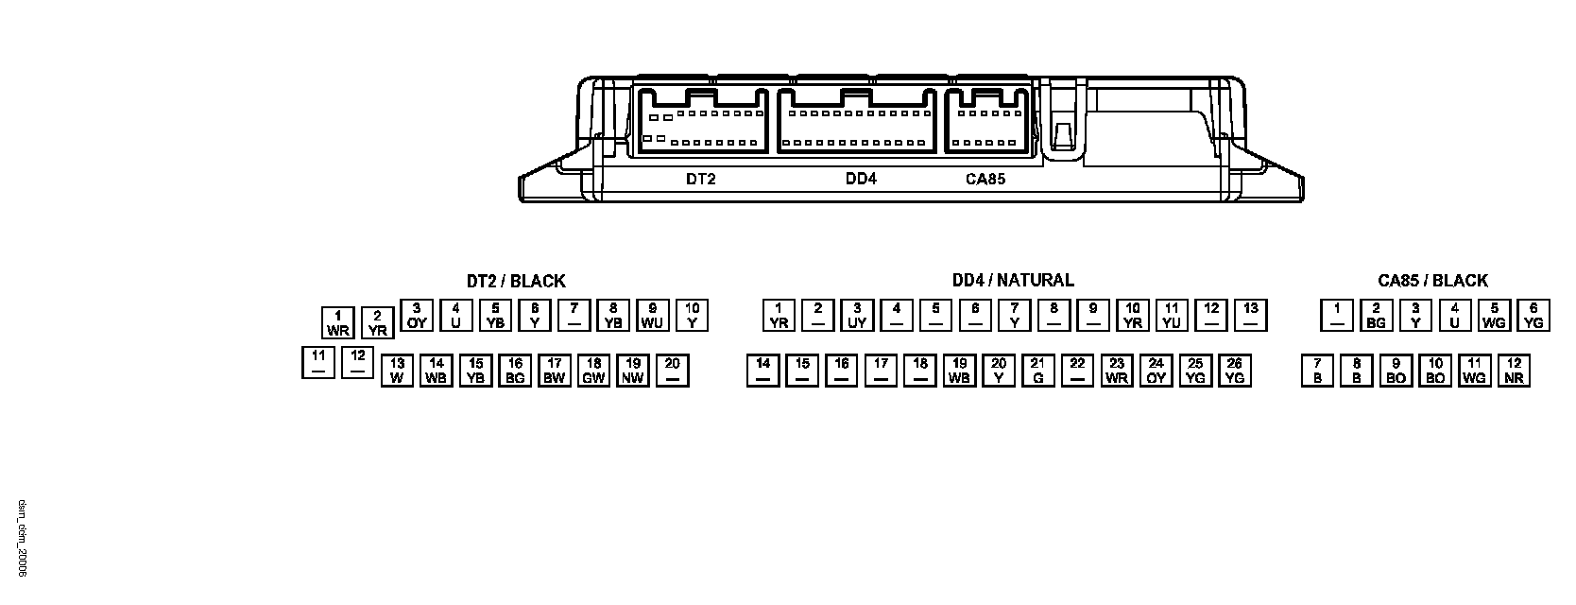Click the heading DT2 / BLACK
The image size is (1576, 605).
(x=516, y=281)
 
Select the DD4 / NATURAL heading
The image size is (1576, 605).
(x=1013, y=280)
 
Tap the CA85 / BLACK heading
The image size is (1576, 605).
(x=1432, y=281)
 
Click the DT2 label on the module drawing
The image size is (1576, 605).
(x=700, y=179)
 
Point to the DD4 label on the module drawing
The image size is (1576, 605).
(x=861, y=179)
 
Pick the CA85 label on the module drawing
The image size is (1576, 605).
(x=985, y=179)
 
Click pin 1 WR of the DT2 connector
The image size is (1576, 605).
(x=338, y=322)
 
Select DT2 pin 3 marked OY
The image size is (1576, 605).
(x=417, y=315)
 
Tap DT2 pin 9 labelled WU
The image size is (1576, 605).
(x=652, y=315)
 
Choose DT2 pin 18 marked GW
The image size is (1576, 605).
(x=593, y=371)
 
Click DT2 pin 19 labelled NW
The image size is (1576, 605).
(x=633, y=371)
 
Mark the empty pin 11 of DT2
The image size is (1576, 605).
(x=318, y=363)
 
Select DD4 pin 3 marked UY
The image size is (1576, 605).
(x=857, y=315)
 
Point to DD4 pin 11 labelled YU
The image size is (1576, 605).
(x=1172, y=315)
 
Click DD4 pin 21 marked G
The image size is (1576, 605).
(x=1037, y=371)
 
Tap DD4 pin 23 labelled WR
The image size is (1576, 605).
(x=1117, y=371)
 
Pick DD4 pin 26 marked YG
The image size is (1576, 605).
(x=1234, y=371)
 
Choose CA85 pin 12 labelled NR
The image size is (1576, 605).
(x=1514, y=371)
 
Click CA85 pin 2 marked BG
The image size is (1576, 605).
(x=1376, y=315)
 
